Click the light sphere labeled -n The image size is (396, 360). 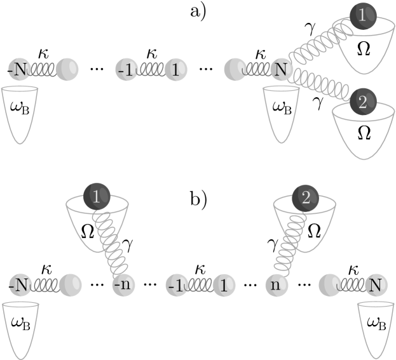tap(124, 285)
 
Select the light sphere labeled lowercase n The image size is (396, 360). tap(275, 285)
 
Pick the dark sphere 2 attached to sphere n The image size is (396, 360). tap(306, 198)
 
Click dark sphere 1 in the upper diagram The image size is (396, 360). tap(363, 15)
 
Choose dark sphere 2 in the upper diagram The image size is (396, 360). tap(362, 102)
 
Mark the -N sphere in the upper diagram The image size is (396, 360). tap(19, 69)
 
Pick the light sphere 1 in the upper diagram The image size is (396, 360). tap(175, 69)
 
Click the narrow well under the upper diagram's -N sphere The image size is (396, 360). tap(20, 112)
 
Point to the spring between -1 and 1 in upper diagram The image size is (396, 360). tap(150, 69)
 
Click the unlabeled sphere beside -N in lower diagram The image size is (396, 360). tap(71, 285)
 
